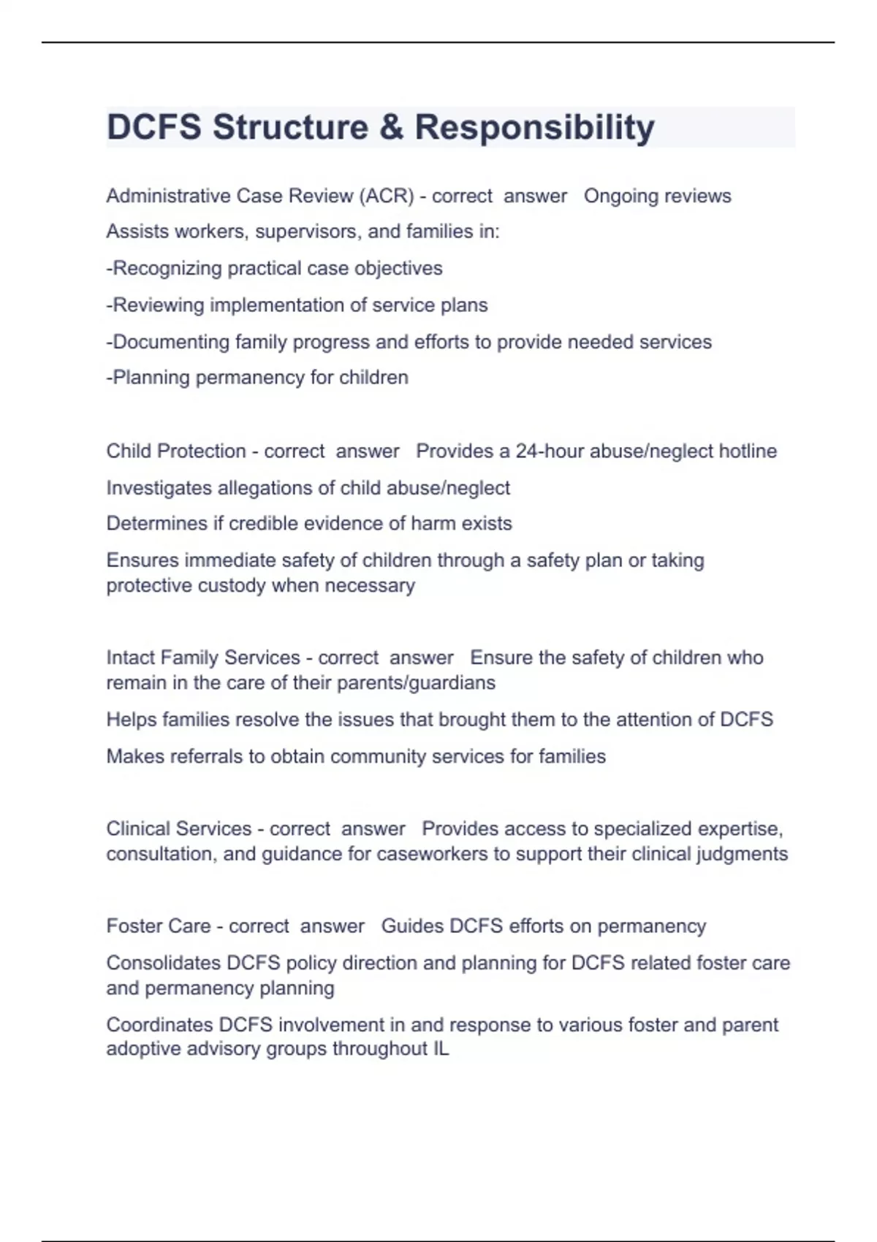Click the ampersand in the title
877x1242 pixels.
[x=392, y=127]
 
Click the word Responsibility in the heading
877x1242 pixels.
[x=534, y=127]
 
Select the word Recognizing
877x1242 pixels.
[x=167, y=268]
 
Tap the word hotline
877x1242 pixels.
[x=748, y=451]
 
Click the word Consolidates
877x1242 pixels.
[x=163, y=963]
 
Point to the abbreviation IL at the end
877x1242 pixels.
[x=441, y=1049]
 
